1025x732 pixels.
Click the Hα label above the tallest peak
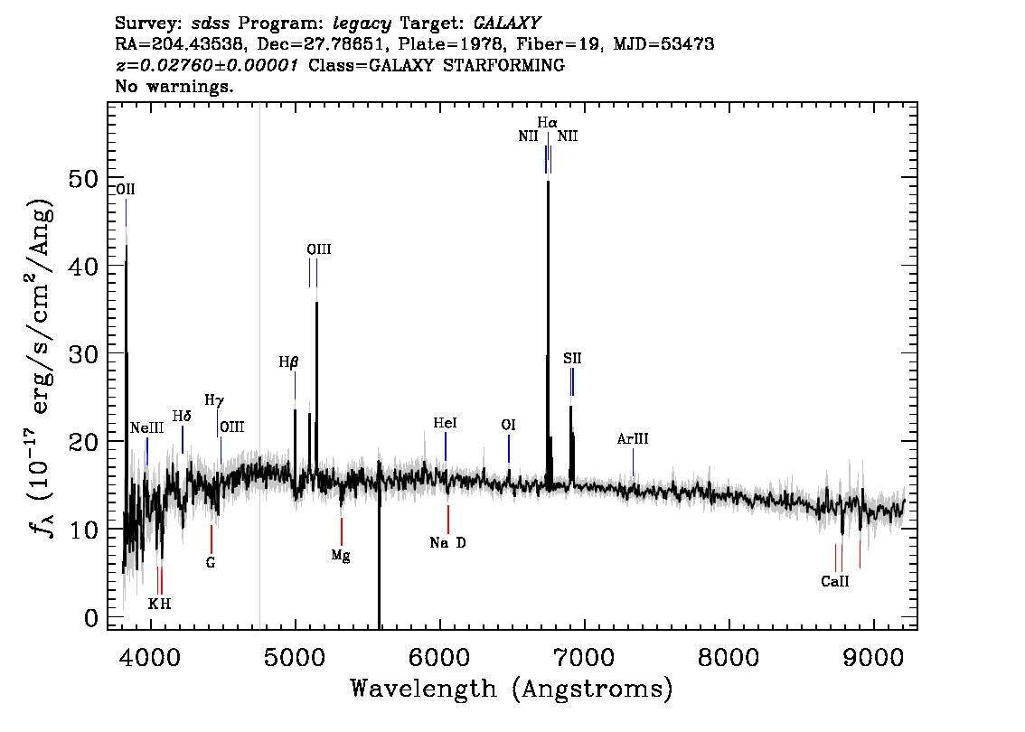[547, 122]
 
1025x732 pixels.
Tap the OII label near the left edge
[126, 189]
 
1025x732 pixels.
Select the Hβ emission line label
[288, 362]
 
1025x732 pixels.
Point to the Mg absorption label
[341, 556]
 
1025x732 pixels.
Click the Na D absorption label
[447, 542]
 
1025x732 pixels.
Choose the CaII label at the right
[835, 581]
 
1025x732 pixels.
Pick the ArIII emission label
[633, 438]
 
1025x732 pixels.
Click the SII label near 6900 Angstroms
[572, 358]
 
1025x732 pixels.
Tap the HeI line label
[446, 424]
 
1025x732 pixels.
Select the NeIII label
[146, 428]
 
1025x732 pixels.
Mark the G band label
[211, 562]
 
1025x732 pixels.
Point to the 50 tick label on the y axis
[83, 178]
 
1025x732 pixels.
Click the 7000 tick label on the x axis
[584, 658]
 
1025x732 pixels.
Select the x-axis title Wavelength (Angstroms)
[512, 689]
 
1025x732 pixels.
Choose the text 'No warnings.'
[174, 86]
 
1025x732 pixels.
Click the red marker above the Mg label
[342, 531]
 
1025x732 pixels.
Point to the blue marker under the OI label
[509, 448]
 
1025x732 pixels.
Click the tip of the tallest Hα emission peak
[548, 181]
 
